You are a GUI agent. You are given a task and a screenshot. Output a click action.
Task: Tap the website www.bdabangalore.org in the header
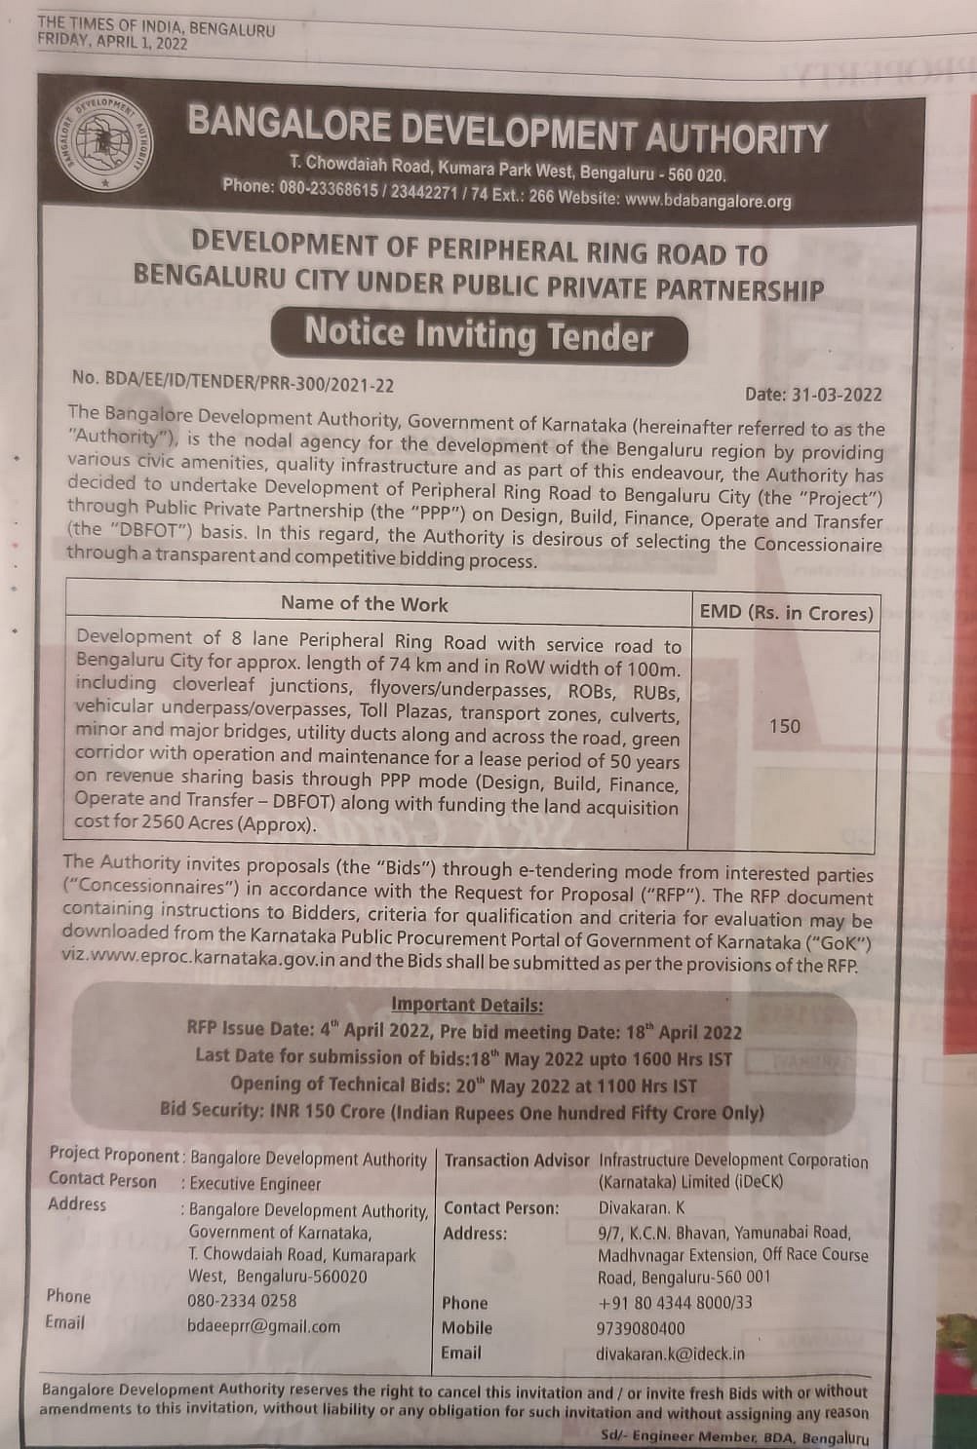[708, 201]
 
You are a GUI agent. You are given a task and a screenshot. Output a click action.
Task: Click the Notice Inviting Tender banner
[478, 335]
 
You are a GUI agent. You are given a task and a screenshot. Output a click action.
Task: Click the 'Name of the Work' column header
[364, 603]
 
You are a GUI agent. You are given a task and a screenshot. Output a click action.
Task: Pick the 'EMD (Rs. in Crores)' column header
[785, 613]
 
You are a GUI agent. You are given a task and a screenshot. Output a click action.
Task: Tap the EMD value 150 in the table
[784, 726]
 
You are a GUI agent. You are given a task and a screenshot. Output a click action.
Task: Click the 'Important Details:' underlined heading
[467, 1005]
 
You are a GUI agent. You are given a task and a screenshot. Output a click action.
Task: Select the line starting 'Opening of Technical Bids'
[463, 1085]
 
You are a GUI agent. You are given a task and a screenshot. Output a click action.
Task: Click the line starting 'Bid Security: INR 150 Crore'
[461, 1112]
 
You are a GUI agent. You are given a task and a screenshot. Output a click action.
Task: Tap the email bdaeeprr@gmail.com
[263, 1326]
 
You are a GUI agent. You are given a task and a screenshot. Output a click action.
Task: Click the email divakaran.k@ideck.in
[670, 1354]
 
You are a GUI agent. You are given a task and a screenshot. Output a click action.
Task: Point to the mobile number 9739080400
[640, 1328]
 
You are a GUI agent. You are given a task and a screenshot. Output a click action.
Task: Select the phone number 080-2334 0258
[242, 1301]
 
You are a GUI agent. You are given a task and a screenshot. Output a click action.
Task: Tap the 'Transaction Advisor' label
[516, 1161]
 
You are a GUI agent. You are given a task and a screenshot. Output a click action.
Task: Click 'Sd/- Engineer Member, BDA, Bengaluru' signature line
[734, 1437]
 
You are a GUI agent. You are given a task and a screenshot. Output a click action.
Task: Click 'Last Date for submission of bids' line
[463, 1058]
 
